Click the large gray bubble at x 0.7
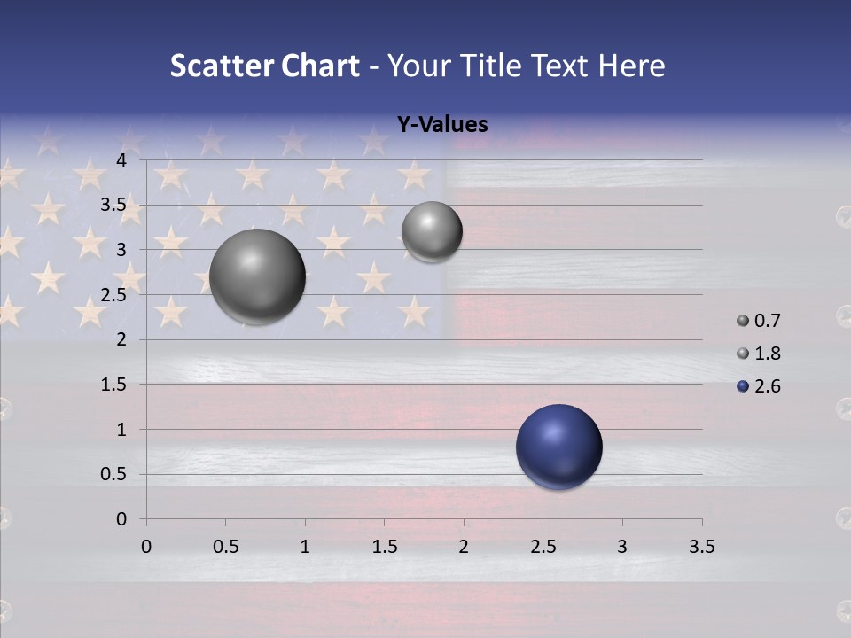tap(258, 276)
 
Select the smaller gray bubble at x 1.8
tap(432, 231)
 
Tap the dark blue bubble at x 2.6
tap(559, 447)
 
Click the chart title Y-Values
tap(441, 124)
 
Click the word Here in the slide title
tap(631, 65)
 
